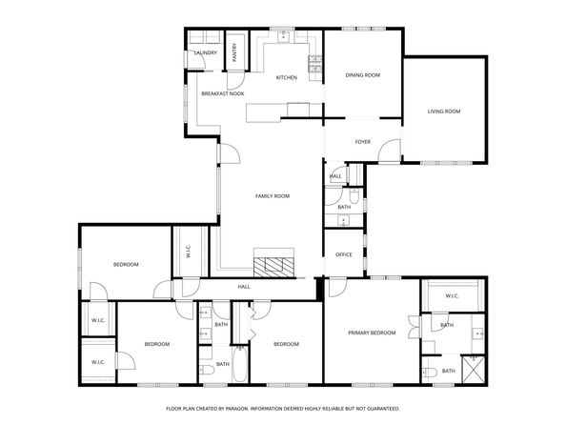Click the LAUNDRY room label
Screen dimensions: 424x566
[205, 53]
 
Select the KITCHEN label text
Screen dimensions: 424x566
[287, 77]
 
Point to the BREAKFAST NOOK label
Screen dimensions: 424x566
[222, 93]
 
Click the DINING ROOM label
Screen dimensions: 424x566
[362, 74]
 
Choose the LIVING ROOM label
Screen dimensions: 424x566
[443, 111]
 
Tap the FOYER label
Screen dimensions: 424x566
[362, 142]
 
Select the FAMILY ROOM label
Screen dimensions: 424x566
[272, 196]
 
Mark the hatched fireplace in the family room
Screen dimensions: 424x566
[276, 266]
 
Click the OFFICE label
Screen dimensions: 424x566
[344, 254]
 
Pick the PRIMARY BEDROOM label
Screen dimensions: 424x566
[372, 333]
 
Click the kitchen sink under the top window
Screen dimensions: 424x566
[284, 37]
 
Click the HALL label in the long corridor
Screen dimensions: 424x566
[244, 285]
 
